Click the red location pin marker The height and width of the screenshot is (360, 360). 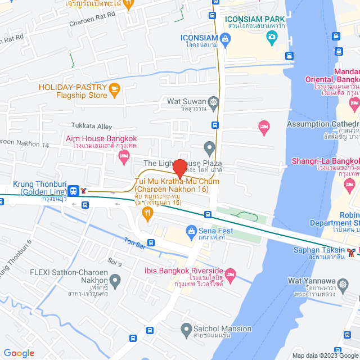(179, 168)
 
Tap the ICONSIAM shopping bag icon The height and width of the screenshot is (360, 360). (226, 38)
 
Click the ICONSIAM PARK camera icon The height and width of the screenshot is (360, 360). (273, 38)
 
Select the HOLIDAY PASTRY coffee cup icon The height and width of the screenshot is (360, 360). (115, 88)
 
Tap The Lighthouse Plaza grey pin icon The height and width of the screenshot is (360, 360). (209, 149)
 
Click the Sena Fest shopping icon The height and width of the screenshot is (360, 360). (192, 231)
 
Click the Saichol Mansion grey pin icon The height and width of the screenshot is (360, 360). (187, 328)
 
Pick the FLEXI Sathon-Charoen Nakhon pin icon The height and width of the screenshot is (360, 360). (115, 280)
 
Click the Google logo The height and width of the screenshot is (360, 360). (19, 353)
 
